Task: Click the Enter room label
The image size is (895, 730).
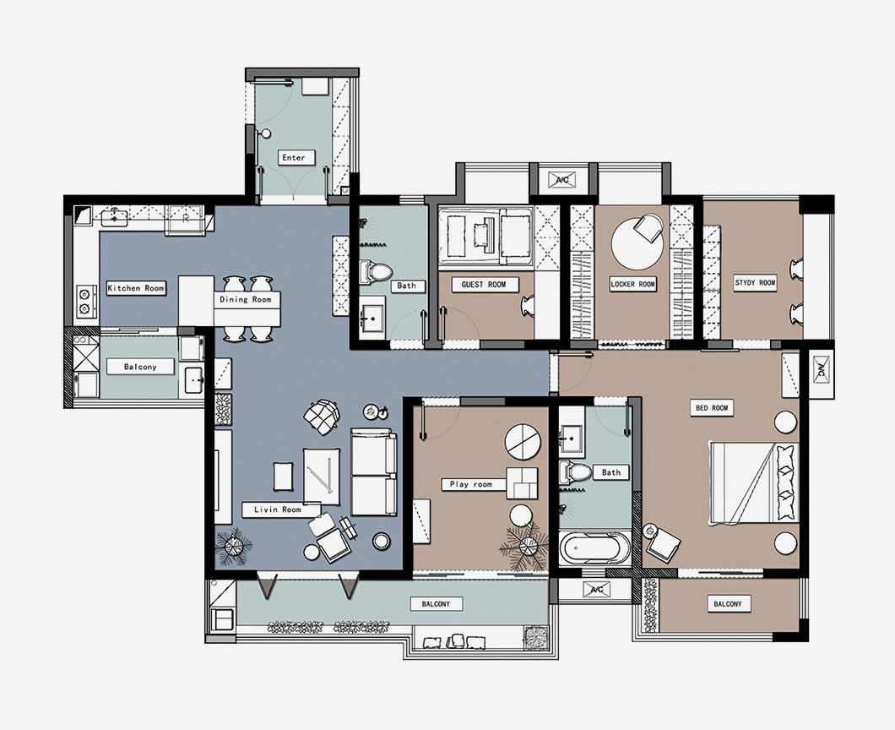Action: click(293, 157)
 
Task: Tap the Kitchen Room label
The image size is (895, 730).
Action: click(136, 288)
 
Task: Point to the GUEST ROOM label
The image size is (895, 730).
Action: click(484, 285)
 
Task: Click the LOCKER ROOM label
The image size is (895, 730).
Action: click(632, 284)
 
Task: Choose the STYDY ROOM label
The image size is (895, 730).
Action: click(755, 283)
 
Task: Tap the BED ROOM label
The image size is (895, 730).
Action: click(712, 408)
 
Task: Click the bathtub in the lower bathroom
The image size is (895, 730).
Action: click(594, 547)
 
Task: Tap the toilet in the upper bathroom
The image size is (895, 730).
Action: click(375, 272)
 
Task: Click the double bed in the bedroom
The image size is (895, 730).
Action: click(753, 482)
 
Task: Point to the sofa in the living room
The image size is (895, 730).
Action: click(374, 471)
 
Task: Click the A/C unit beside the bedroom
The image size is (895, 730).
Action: click(822, 372)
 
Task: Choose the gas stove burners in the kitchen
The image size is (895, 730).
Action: click(85, 302)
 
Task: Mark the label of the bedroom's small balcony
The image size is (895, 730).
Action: click(728, 604)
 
